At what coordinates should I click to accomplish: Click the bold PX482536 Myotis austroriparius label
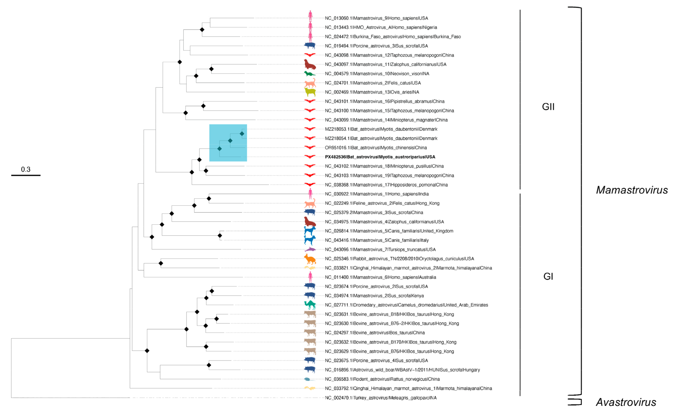pyautogui.click(x=380, y=157)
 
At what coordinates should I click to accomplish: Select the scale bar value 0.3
pyautogui.click(x=26, y=169)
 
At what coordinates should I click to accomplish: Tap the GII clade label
pyautogui.click(x=548, y=107)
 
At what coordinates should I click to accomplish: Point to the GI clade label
pyautogui.click(x=548, y=276)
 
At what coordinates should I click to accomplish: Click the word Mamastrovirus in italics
pyautogui.click(x=632, y=190)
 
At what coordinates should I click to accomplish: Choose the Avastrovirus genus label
pyautogui.click(x=626, y=402)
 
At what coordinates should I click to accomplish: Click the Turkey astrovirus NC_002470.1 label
pyautogui.click(x=380, y=398)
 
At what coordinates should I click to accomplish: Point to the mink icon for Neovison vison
pyautogui.click(x=309, y=74)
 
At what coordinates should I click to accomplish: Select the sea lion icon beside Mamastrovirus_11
pyautogui.click(x=310, y=64)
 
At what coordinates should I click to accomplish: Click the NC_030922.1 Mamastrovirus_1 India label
pyautogui.click(x=376, y=194)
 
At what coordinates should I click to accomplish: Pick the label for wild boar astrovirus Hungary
pyautogui.click(x=402, y=370)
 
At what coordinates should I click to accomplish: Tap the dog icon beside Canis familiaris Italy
pyautogui.click(x=310, y=240)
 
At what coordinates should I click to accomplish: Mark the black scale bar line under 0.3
pyautogui.click(x=26, y=175)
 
